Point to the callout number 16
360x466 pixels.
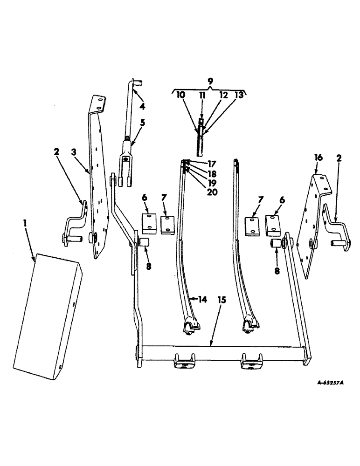point(318,159)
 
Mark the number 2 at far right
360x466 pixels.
point(339,158)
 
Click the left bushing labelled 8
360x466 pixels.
point(144,243)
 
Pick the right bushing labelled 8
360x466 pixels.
point(276,244)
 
